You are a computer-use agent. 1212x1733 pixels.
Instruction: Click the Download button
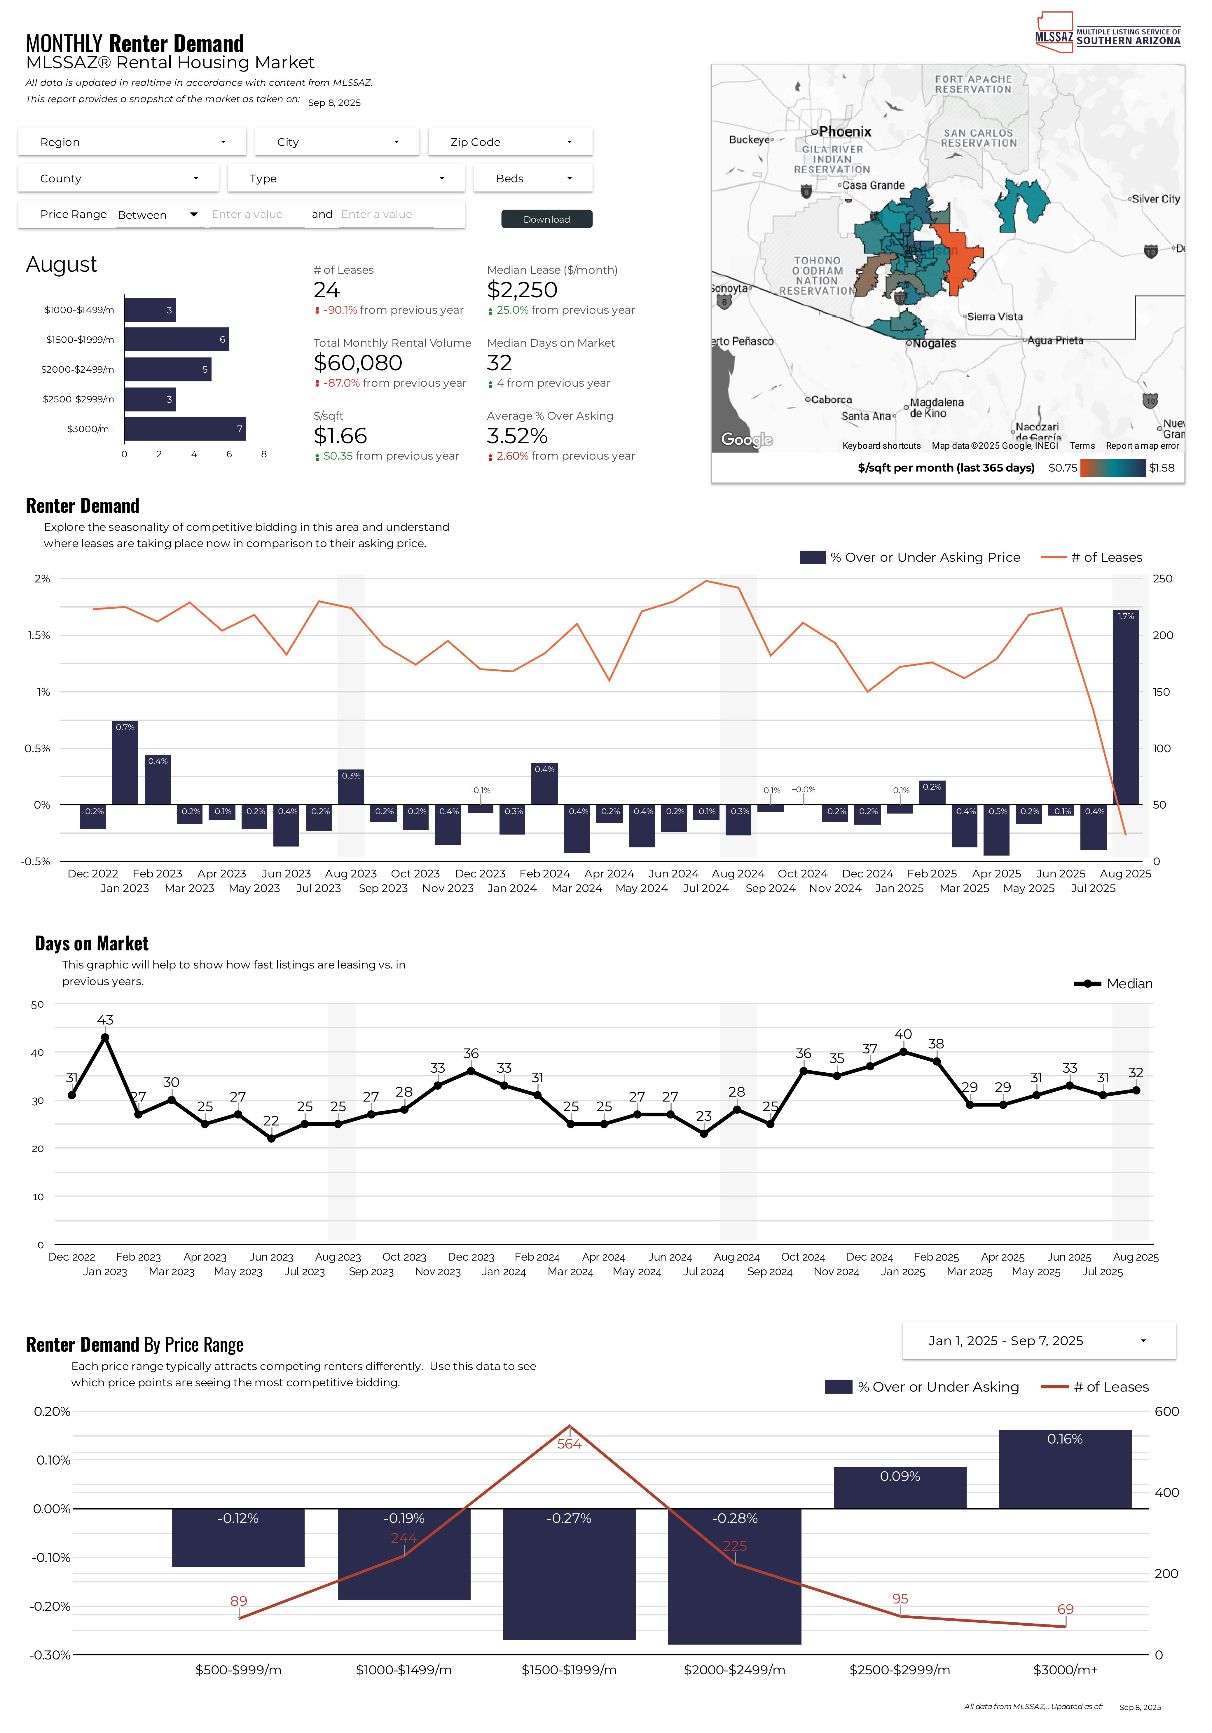coord(546,219)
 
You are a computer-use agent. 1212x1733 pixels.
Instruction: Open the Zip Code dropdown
coord(510,142)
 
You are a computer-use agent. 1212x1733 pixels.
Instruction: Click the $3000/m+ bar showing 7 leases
coord(185,429)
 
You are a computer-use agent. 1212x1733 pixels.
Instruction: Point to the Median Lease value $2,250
coord(522,290)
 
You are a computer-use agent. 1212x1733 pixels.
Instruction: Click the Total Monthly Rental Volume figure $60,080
coord(358,363)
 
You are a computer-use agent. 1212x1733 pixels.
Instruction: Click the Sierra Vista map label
coord(995,316)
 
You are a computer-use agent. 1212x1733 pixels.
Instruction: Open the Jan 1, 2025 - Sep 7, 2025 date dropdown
coord(1038,1341)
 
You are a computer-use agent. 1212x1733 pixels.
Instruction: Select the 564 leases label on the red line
coord(569,1444)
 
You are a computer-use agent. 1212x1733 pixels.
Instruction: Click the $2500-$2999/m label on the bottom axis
coord(900,1670)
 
